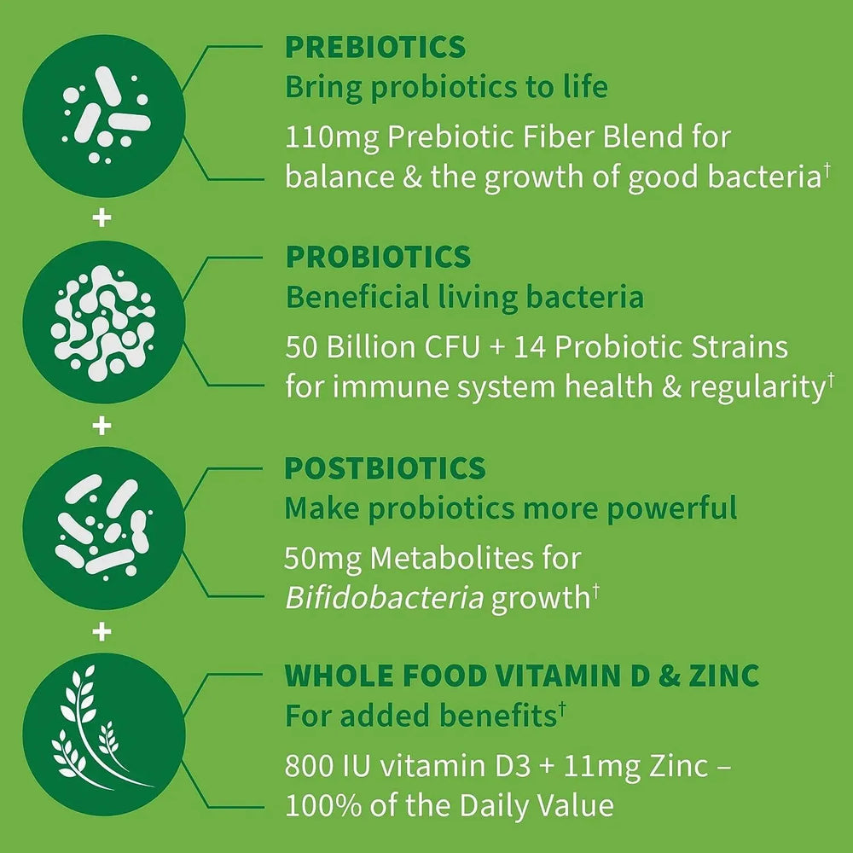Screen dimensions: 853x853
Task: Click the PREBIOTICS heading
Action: tap(375, 47)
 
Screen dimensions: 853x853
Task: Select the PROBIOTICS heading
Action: tap(378, 257)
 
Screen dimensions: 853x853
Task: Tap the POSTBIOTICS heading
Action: tap(385, 468)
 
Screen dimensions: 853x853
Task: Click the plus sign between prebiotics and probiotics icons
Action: tap(102, 218)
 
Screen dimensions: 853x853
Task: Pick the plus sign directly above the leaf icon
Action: tap(102, 632)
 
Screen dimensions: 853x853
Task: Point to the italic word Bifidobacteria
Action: tap(384, 597)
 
